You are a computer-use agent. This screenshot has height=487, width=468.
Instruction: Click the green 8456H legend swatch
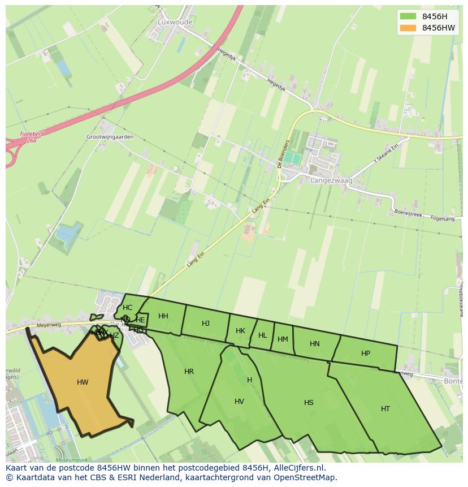(407, 16)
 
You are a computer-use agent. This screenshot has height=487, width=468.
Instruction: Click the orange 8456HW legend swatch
(407, 28)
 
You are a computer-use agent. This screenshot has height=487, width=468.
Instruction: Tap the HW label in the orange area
(83, 382)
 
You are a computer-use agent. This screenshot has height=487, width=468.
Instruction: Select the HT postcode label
(385, 408)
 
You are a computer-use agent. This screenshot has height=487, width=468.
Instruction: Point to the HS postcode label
(309, 403)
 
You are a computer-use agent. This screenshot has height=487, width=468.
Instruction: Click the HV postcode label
(239, 402)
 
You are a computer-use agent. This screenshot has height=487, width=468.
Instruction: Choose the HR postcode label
(189, 372)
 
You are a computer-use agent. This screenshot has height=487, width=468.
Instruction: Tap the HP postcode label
(366, 354)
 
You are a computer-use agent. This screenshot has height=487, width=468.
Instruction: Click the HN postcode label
(315, 344)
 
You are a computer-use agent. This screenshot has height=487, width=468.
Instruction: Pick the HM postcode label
(283, 339)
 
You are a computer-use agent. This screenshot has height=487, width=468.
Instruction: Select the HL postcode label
(262, 335)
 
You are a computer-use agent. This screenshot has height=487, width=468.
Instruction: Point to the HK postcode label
(240, 331)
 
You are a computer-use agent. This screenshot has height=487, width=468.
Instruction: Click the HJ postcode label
(206, 324)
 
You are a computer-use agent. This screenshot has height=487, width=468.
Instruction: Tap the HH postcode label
(163, 316)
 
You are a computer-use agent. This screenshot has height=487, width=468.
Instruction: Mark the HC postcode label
(127, 308)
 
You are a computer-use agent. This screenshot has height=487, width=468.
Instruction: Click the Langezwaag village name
(331, 180)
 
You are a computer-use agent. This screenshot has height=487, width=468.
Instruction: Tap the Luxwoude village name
(176, 22)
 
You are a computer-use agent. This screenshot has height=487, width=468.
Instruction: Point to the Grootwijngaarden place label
(110, 137)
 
